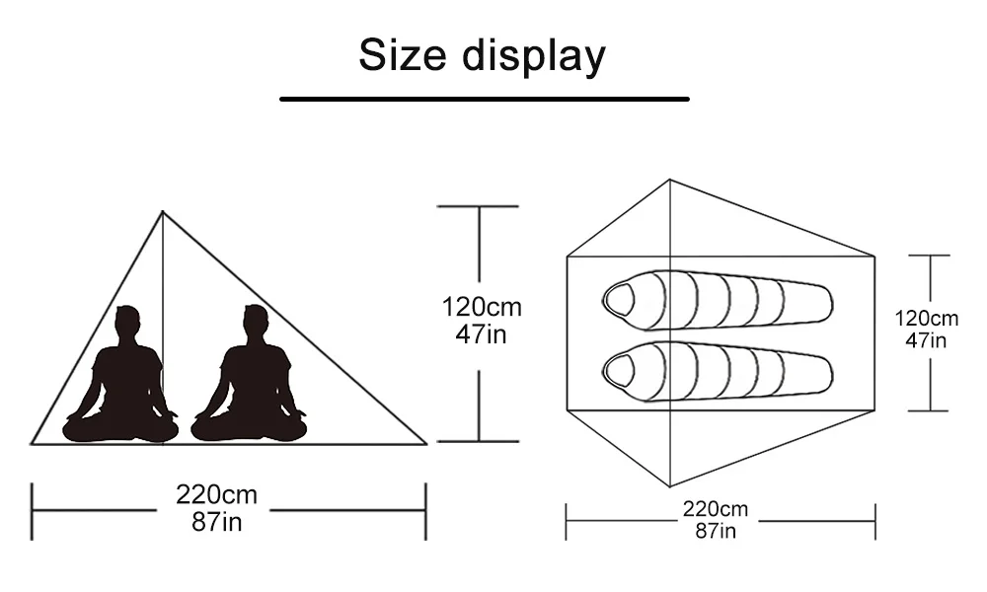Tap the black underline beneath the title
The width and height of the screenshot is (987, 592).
point(484,99)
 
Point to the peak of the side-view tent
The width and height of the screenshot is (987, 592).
point(163,211)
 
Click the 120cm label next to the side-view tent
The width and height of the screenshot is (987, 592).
point(481,308)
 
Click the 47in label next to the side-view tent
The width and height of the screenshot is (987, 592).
point(481,334)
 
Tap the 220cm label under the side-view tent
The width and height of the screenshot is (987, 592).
point(216,494)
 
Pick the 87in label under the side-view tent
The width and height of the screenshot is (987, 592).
point(216,521)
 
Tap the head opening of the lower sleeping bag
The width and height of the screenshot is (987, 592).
point(620,370)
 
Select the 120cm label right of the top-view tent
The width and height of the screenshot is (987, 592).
point(926,319)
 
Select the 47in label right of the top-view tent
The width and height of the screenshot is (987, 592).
point(926,341)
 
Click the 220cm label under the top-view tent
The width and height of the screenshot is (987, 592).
point(715,510)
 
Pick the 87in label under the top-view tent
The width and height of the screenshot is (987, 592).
point(715,532)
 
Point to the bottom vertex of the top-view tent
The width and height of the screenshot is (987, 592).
point(671,486)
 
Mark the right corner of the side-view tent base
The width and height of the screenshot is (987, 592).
point(425,444)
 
